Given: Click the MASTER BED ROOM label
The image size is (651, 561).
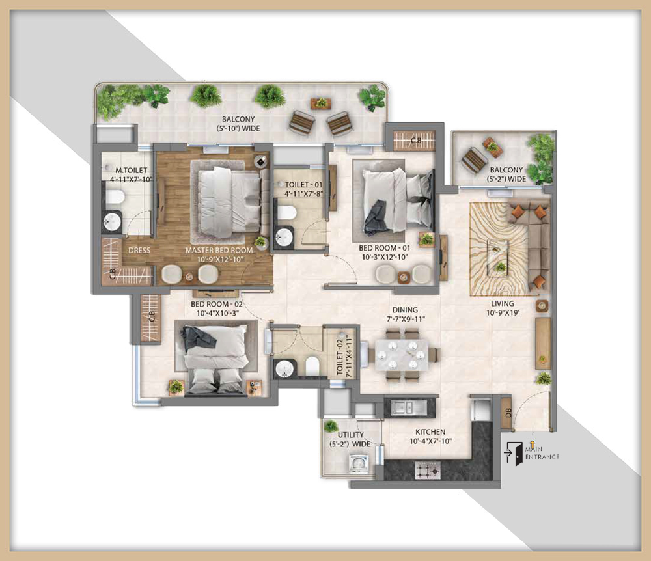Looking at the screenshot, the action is coord(219,250).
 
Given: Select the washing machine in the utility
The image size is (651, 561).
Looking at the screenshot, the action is coord(358,463).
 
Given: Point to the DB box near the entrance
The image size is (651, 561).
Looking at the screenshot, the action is coord(507,414).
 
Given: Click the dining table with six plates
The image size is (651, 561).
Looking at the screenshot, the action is coord(402,354).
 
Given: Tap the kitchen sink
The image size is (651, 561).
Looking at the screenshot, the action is coord(404,407).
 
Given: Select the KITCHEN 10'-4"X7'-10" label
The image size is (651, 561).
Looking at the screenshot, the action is coord(430,436).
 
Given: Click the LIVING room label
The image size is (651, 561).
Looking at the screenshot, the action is coord(503,308).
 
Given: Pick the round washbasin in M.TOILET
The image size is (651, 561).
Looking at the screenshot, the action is coord(112,221).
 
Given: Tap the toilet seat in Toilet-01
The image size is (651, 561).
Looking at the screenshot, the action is coord(286,213).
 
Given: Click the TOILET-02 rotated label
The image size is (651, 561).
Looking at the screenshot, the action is coord(344,356).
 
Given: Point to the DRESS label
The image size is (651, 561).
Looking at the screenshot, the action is coord(139,250).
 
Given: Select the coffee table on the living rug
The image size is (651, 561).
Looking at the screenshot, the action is coord(499,257).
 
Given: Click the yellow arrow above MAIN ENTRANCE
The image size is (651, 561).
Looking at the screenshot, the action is coord(533,445).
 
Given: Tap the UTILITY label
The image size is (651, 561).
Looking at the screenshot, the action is coord(351,435).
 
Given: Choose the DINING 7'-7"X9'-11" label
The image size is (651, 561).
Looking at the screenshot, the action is coord(405,314).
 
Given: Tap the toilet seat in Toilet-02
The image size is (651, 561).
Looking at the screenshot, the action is coord(312,366).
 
